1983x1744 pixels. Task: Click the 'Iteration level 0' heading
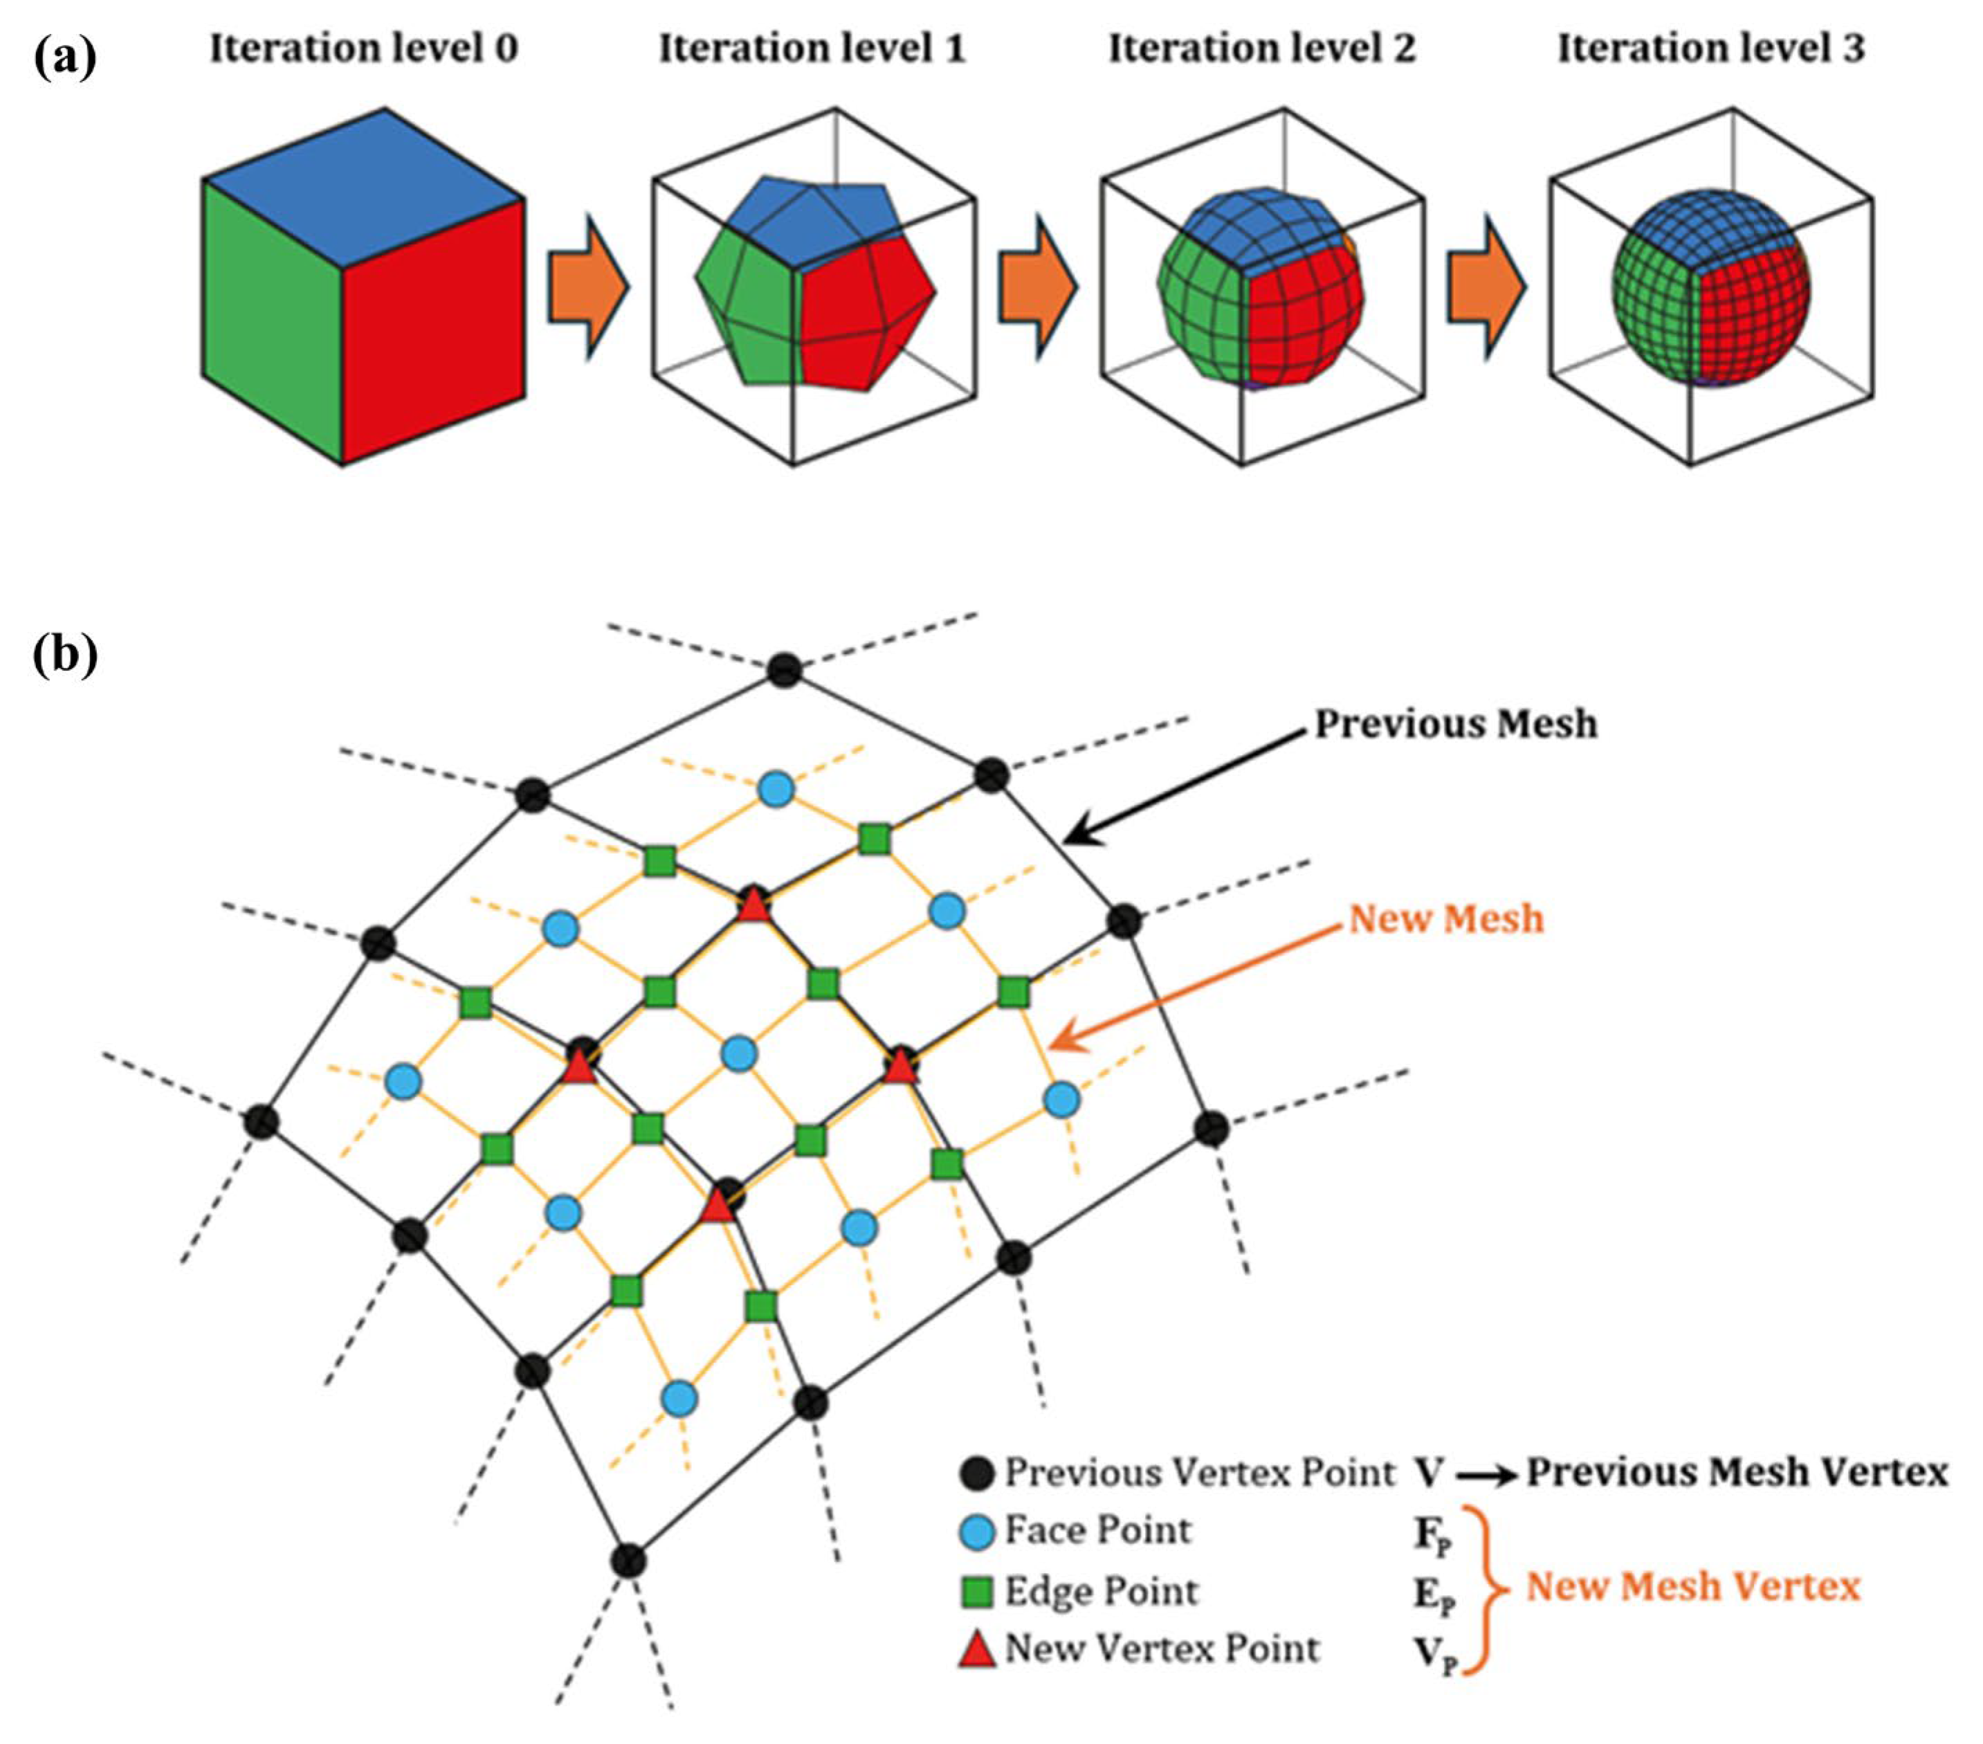click(x=364, y=48)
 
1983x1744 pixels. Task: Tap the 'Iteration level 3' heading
click(x=1710, y=48)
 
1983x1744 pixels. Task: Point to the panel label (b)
click(x=65, y=655)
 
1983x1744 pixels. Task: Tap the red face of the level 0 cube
click(x=434, y=330)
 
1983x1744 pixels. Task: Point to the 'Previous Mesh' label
click(x=1455, y=724)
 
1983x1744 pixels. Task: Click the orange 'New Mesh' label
click(x=1445, y=918)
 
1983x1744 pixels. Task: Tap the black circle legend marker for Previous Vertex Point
click(x=977, y=1473)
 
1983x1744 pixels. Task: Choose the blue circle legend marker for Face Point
click(x=977, y=1532)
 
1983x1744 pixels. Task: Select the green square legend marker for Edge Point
click(x=977, y=1592)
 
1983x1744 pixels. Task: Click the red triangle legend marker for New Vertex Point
click(x=977, y=1649)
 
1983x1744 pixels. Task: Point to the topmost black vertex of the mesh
click(x=784, y=671)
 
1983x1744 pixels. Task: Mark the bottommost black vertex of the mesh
click(x=629, y=1561)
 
